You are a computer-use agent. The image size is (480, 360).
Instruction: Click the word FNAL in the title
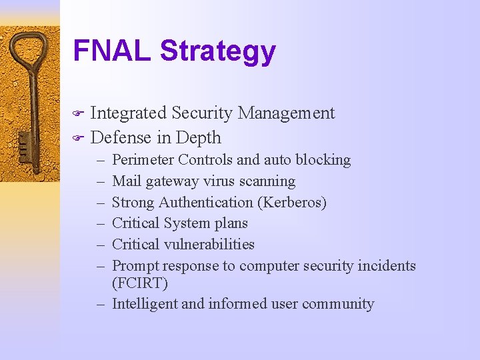[112, 51]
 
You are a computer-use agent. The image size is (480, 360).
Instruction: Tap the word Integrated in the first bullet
[128, 113]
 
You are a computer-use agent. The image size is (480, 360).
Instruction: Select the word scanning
[269, 181]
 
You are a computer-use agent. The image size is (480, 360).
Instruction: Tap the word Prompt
[136, 266]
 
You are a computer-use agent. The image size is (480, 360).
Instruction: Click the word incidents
[387, 266]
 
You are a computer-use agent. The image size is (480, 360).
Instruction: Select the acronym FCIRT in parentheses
[140, 283]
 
